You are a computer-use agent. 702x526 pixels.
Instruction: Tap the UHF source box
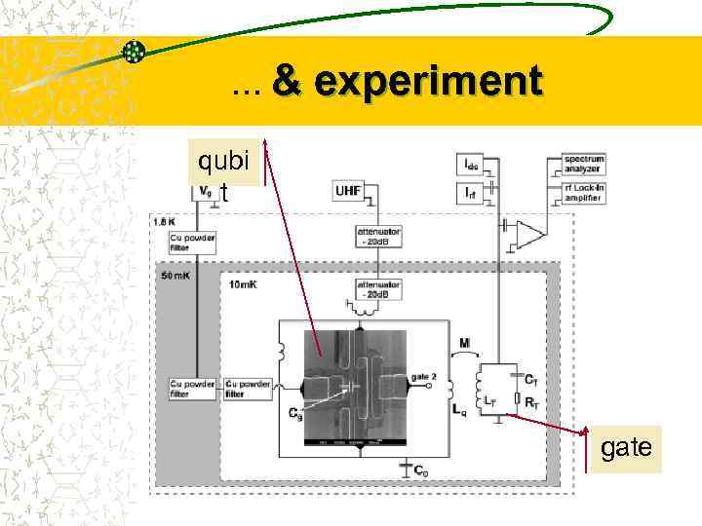click(349, 192)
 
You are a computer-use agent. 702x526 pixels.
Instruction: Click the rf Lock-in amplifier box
click(583, 192)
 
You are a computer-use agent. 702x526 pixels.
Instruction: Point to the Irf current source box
click(472, 192)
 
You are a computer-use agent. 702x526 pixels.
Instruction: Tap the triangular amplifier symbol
click(530, 235)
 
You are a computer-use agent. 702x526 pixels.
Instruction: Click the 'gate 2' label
click(424, 376)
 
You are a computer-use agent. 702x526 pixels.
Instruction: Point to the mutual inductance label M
click(466, 342)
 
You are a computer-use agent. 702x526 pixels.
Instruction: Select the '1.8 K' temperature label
click(165, 221)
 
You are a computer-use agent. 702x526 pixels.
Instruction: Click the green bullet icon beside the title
click(136, 52)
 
